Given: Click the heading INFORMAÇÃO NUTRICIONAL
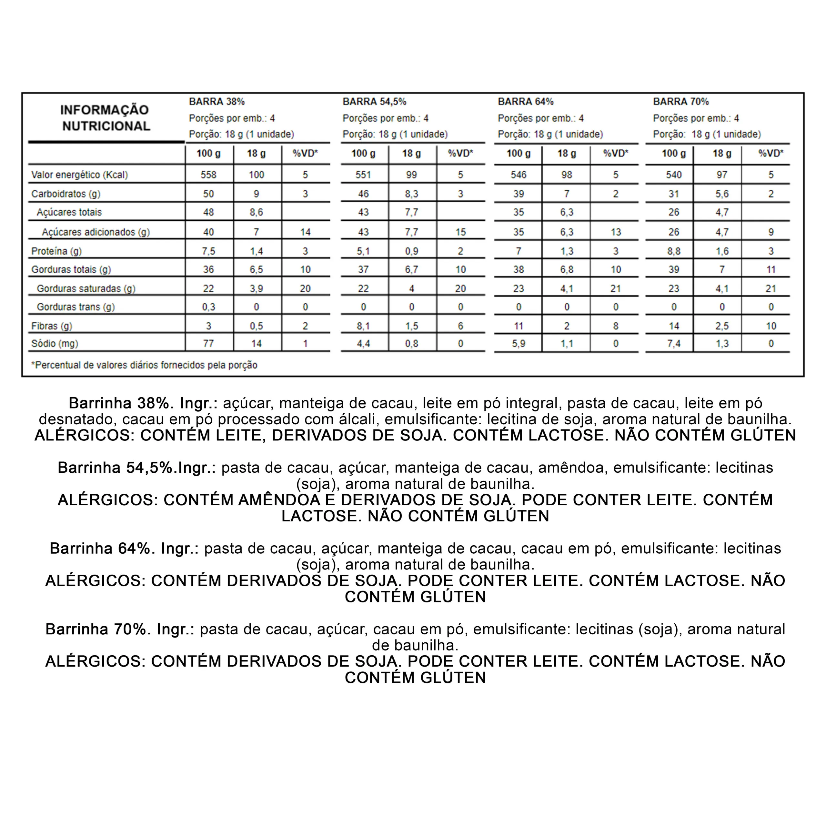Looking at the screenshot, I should click(105, 118).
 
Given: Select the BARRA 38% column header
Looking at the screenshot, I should click(217, 102).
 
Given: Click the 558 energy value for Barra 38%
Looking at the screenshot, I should click(209, 175).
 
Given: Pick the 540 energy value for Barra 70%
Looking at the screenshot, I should click(673, 175).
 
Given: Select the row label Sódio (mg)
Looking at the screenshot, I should click(55, 344).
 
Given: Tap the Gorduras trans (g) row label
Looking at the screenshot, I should click(76, 307).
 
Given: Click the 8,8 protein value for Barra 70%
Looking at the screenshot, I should click(673, 251).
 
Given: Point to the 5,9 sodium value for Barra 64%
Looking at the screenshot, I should click(518, 344).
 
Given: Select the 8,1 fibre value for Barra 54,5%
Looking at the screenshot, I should click(363, 326).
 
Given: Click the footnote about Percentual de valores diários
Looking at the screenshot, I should click(144, 365).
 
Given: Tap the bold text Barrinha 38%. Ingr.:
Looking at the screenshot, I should click(143, 403).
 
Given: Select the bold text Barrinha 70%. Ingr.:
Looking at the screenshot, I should click(120, 629).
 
